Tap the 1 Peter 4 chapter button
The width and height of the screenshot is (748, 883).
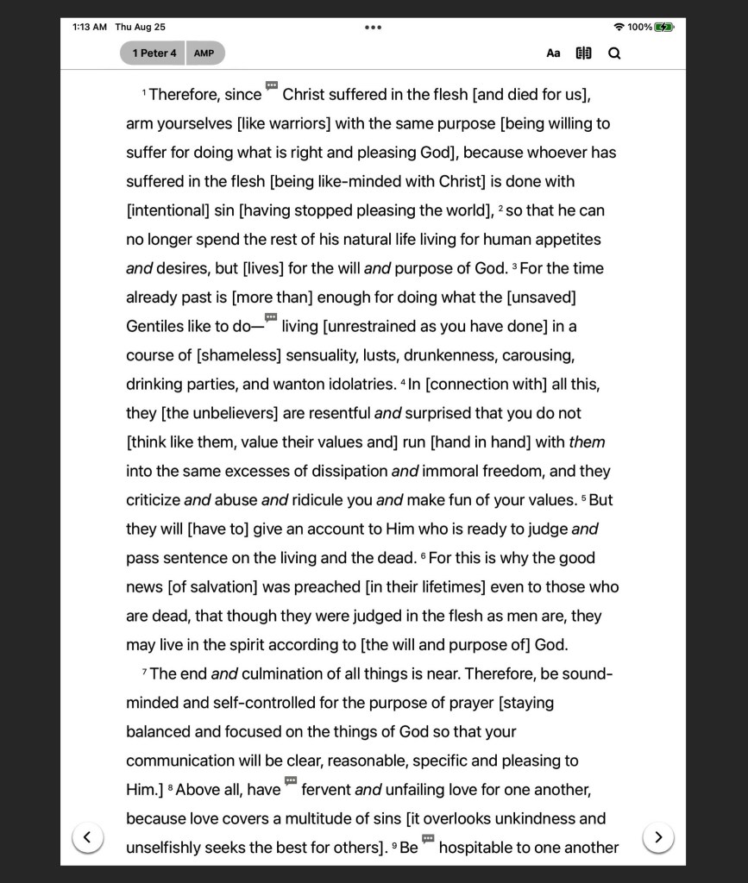[154, 53]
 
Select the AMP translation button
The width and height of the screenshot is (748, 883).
[204, 53]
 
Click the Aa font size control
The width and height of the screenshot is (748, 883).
[553, 53]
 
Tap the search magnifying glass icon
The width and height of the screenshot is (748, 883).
[614, 53]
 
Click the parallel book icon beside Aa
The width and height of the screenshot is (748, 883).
[584, 53]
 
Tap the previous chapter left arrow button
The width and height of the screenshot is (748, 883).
[87, 836]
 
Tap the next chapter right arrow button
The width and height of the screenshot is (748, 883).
[658, 836]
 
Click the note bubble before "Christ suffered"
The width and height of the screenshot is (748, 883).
[272, 85]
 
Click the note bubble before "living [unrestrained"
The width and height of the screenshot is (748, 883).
[271, 317]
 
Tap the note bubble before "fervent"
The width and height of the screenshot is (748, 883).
[291, 780]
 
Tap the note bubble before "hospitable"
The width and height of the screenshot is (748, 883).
[428, 838]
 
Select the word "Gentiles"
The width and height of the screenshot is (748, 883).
[155, 327]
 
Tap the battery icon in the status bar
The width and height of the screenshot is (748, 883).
[664, 28]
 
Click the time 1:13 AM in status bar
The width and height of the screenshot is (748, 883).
[90, 28]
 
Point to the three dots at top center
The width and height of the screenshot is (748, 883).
[373, 28]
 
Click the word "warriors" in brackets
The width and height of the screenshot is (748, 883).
[300, 124]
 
